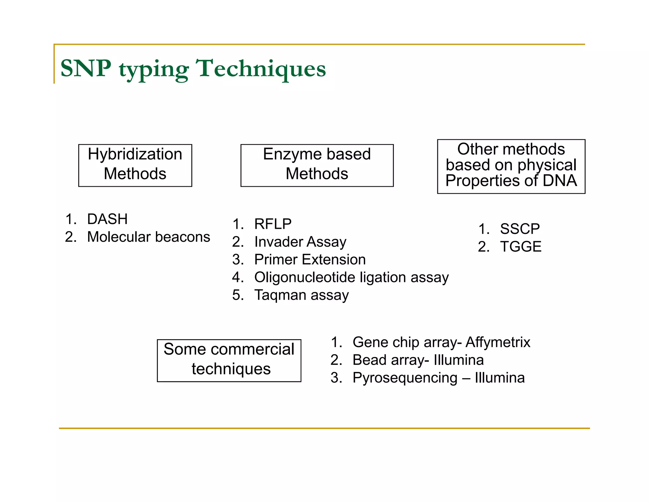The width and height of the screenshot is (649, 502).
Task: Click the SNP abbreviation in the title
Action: coord(86,68)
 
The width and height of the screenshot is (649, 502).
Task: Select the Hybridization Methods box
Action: coord(135,165)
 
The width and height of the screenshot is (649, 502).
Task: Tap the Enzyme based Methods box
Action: coord(317,165)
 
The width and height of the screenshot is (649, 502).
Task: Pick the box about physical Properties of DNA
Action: coord(511,166)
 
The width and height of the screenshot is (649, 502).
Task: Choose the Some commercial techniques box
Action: coord(229,360)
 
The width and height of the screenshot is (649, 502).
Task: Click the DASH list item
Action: coord(107,219)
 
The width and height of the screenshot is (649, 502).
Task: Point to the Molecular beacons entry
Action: coord(148,237)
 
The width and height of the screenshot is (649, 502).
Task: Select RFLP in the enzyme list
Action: coord(273,224)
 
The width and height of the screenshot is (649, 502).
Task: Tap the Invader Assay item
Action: coord(300,242)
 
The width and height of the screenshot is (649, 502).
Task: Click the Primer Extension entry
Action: coord(310,260)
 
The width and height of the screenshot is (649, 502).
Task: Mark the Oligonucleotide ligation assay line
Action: coord(351,277)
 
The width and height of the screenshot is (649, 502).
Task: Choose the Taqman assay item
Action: coord(301,295)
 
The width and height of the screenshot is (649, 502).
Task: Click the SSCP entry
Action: coord(519,229)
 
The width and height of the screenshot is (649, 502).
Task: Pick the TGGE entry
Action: coord(520,247)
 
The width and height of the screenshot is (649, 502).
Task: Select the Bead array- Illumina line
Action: coord(418,360)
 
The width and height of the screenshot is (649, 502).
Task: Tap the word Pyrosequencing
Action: coord(405,378)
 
